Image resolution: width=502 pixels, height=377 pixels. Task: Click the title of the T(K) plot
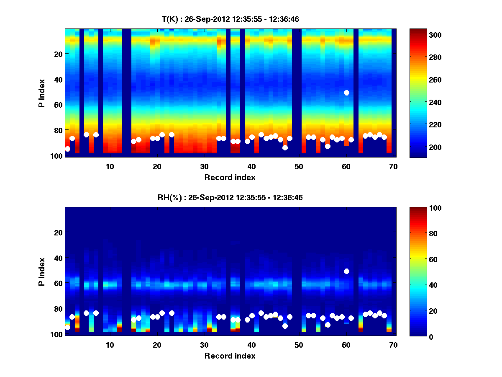click(x=230, y=19)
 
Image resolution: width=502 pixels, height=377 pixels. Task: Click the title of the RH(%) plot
click(x=230, y=198)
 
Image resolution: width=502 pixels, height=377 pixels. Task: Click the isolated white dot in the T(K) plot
click(x=346, y=93)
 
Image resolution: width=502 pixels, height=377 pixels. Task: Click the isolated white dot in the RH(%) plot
click(x=346, y=271)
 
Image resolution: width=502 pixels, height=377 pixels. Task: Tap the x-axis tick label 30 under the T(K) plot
click(x=204, y=166)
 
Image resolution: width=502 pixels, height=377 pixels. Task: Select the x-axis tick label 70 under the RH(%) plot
click(x=393, y=345)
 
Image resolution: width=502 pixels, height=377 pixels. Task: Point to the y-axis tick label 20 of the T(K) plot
click(x=58, y=54)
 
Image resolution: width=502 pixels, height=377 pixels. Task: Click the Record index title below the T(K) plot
click(x=230, y=177)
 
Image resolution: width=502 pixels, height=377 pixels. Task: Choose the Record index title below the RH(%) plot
click(x=230, y=356)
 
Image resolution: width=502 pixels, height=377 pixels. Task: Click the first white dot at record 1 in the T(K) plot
click(x=68, y=149)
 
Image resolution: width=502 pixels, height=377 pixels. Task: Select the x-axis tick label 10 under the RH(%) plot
click(x=110, y=345)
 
